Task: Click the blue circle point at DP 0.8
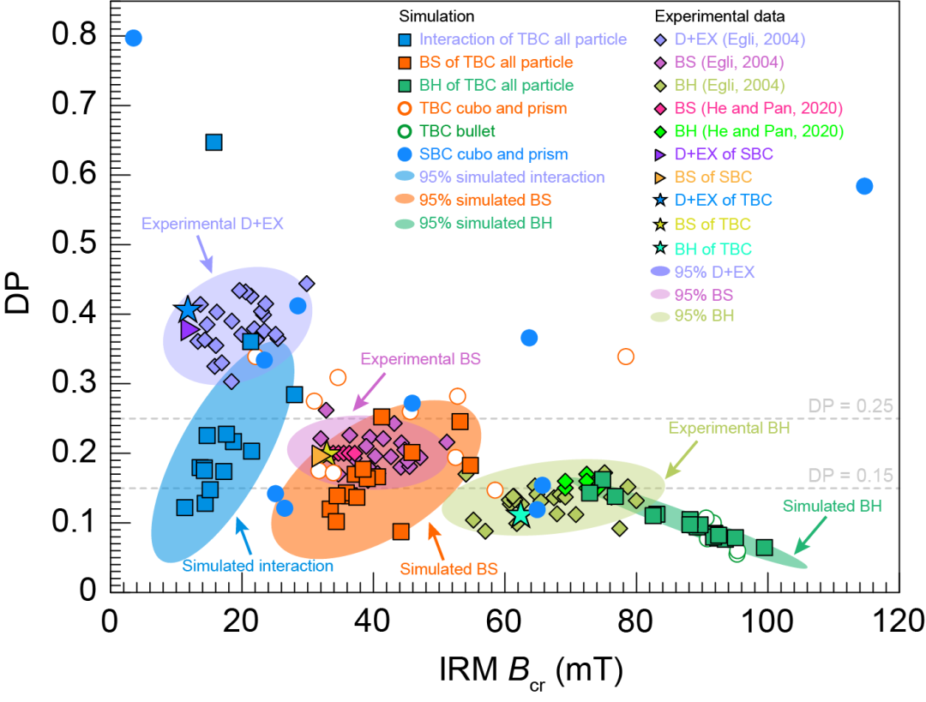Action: point(133,38)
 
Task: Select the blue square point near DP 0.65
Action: point(214,142)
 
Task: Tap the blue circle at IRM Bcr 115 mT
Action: point(864,186)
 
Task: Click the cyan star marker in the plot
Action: point(520,514)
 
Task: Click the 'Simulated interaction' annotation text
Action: point(257,565)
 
